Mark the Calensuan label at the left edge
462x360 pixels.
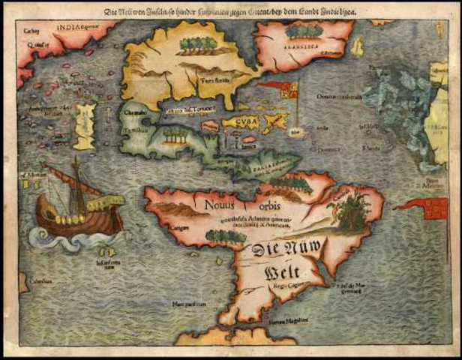tap(36, 280)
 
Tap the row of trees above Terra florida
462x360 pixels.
tap(199, 43)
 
